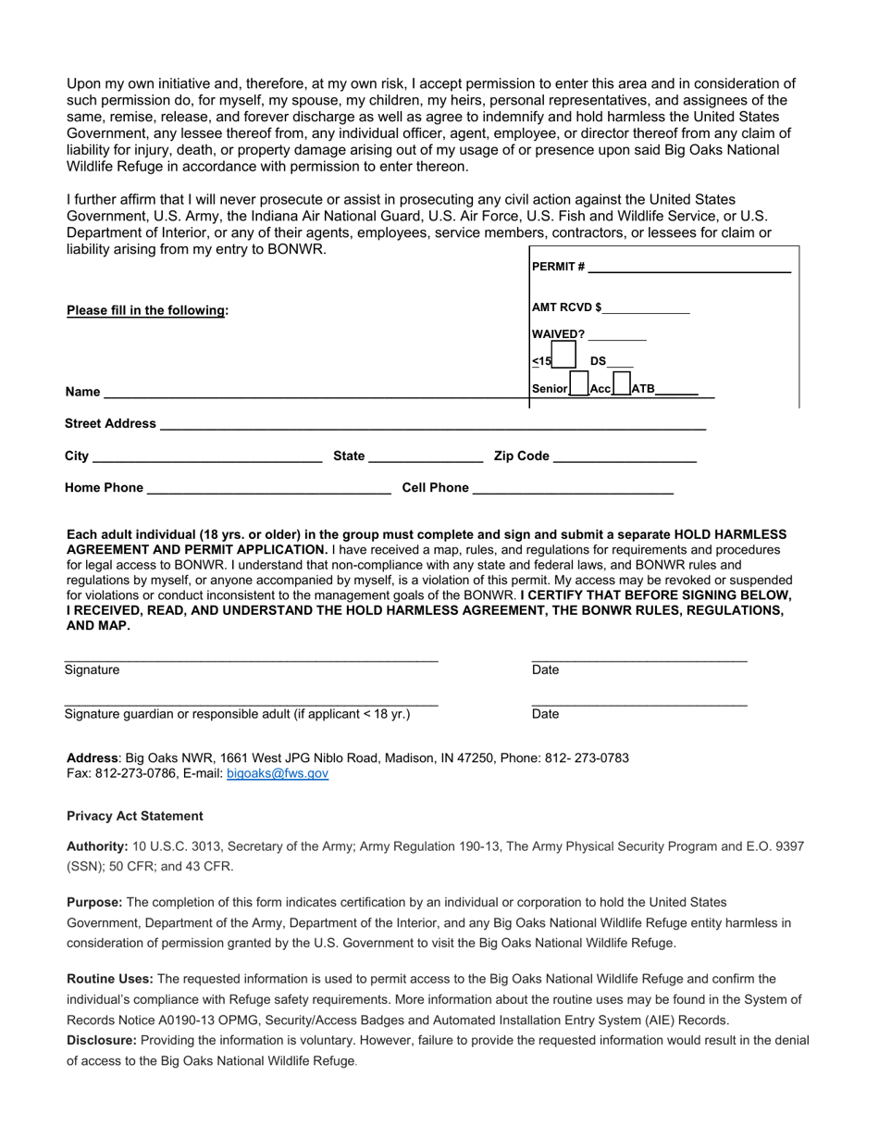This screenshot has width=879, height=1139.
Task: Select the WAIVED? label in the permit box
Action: [x=559, y=334]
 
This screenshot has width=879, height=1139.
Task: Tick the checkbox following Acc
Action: [x=622, y=384]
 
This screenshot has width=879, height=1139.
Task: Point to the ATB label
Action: [x=642, y=389]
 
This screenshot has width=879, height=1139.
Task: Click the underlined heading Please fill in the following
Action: [x=147, y=310]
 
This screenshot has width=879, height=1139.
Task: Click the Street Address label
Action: [x=110, y=423]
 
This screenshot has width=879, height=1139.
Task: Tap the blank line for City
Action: [x=207, y=457]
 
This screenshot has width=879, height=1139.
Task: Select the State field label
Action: [x=349, y=456]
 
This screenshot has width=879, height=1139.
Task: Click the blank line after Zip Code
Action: [x=624, y=457]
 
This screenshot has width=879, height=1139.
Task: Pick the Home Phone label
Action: [x=104, y=488]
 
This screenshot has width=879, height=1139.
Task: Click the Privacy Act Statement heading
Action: [x=135, y=816]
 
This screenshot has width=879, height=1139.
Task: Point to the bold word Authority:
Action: [x=97, y=846]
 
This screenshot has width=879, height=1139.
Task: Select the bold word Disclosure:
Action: [x=102, y=1040]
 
